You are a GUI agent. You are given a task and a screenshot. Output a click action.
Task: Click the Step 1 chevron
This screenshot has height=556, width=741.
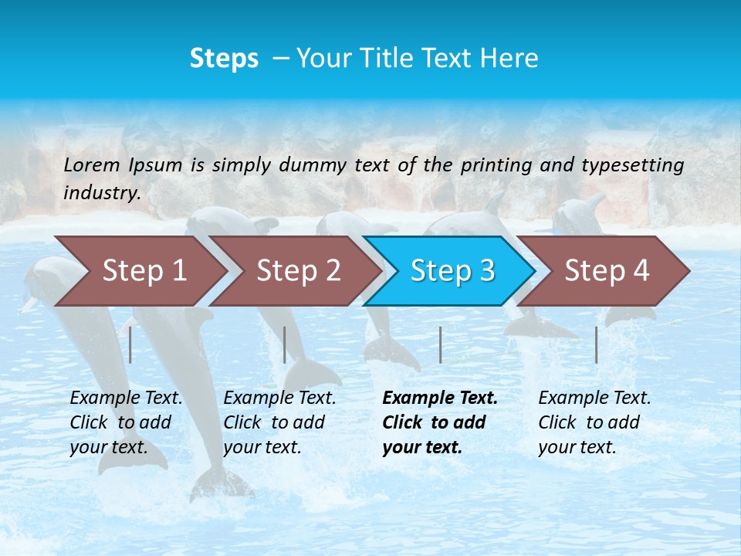144,271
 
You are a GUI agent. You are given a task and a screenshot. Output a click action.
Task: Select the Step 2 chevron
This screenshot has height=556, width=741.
298,271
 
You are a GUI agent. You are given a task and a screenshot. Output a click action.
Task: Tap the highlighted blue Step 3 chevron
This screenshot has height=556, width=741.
452,271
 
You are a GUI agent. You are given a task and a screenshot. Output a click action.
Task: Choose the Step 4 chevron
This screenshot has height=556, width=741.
607,271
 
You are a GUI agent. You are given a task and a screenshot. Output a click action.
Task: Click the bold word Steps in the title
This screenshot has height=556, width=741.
224,59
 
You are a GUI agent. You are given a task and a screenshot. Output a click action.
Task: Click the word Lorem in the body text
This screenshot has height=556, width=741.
92,164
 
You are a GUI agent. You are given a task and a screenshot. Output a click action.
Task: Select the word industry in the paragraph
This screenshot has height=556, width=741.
102,192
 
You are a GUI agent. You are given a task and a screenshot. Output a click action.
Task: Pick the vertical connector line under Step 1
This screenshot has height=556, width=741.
130,344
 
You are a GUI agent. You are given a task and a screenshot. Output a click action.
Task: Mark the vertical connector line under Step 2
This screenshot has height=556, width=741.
285,344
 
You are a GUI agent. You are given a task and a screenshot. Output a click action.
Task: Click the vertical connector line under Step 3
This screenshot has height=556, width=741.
441,344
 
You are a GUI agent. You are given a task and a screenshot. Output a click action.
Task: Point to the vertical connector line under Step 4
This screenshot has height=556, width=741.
597,344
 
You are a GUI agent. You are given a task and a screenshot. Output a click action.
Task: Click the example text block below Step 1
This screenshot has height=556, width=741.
126,422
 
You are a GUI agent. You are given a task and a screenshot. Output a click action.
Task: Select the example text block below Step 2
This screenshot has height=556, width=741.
279,422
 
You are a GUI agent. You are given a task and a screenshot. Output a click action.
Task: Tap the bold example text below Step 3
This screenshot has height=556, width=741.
440,422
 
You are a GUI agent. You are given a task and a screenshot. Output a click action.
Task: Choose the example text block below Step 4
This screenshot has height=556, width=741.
594,422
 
